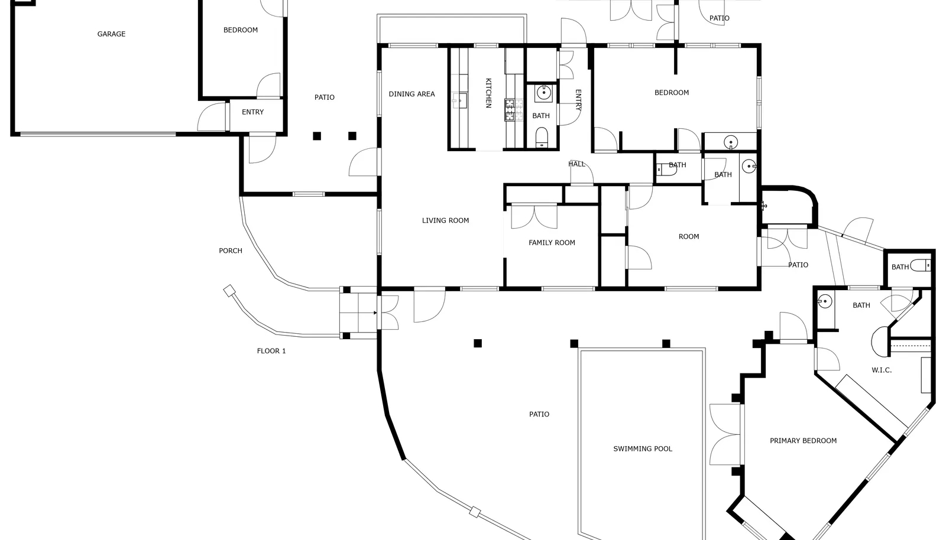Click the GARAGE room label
click(112, 34)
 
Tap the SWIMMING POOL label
click(643, 449)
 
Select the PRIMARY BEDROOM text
click(804, 441)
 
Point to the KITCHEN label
click(488, 93)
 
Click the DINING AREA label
click(412, 94)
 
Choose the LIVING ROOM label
click(446, 220)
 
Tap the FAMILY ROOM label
click(552, 243)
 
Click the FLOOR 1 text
click(271, 351)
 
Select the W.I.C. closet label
click(882, 370)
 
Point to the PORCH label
click(231, 251)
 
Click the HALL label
click(577, 164)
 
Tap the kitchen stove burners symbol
click(514, 110)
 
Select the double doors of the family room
click(534, 217)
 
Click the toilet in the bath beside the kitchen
click(542, 138)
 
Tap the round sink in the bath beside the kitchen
click(543, 92)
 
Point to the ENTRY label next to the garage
click(252, 112)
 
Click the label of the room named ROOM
click(689, 237)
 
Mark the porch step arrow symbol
click(375, 313)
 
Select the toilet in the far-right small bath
click(921, 266)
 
